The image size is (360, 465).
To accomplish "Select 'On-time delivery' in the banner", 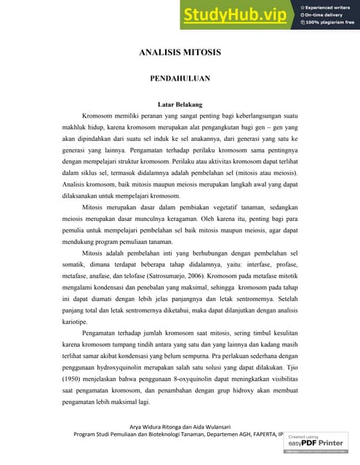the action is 324,15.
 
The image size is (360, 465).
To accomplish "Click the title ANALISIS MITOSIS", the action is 180,53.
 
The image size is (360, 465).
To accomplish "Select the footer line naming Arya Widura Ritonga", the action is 180,426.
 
